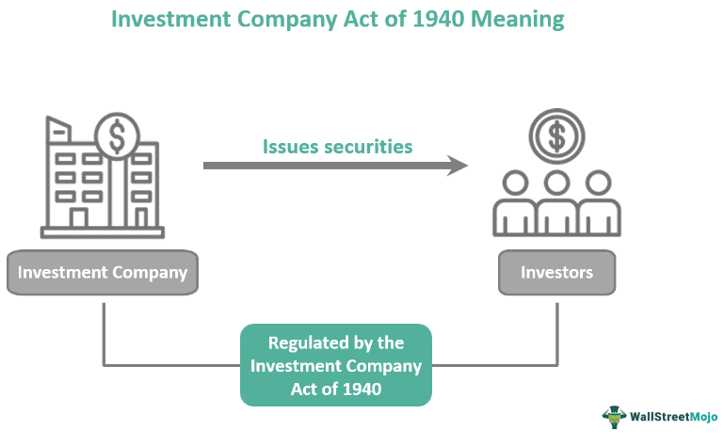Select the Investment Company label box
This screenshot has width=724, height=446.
pyautogui.click(x=103, y=273)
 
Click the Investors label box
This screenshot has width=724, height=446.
pyautogui.click(x=557, y=273)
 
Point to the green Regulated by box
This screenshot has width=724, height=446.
pyautogui.click(x=336, y=365)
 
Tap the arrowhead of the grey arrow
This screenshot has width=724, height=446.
pyautogui.click(x=459, y=166)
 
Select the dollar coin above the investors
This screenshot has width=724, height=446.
pyautogui.click(x=557, y=137)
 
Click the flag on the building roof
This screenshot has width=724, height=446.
pyautogui.click(x=58, y=128)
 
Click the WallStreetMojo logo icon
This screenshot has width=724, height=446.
pyautogui.click(x=615, y=415)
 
